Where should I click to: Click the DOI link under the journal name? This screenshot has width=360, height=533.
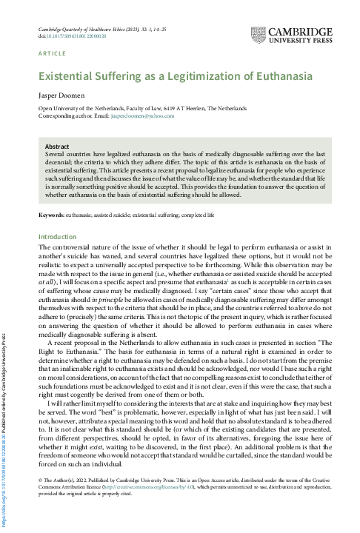[76, 35]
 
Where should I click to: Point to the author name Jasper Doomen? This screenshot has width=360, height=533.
[61, 96]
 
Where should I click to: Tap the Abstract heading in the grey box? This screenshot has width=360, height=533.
[57, 147]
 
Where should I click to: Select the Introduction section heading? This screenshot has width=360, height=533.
[57, 237]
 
